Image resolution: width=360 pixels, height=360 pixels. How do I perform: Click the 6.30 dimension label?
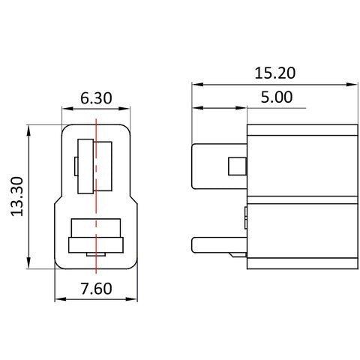pos(96,98)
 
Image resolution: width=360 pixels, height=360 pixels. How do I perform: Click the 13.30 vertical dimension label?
pos(17,196)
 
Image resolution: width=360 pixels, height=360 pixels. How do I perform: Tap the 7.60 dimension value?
pos(96,289)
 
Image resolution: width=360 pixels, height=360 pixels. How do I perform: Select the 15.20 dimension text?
pos(274,73)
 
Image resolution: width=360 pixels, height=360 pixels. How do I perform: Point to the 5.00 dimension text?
pos(277,97)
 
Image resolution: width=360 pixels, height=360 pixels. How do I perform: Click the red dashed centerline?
pos(96,196)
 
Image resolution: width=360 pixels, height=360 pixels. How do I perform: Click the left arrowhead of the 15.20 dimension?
pos(198,85)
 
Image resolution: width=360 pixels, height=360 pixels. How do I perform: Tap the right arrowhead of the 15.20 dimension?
pos(352,85)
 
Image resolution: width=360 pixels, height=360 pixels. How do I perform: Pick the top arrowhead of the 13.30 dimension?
pos(28,130)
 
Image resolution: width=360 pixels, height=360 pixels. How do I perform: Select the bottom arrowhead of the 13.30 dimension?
pos(28,263)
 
